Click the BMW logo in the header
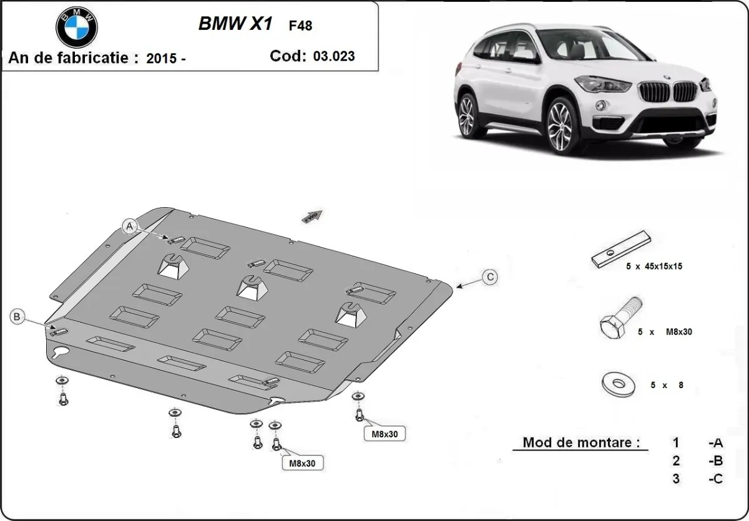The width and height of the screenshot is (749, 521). click(77, 27)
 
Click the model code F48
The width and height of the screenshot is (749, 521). click(300, 26)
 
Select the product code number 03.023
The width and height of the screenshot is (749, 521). click(334, 56)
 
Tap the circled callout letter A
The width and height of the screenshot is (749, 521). click(130, 226)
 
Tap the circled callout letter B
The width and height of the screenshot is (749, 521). click(17, 317)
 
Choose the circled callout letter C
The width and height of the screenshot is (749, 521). click(491, 277)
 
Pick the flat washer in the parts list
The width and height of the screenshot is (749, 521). click(619, 384)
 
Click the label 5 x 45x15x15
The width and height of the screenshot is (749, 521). click(655, 266)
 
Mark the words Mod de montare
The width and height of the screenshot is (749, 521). click(581, 443)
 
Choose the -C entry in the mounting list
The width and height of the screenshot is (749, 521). click(715, 479)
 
